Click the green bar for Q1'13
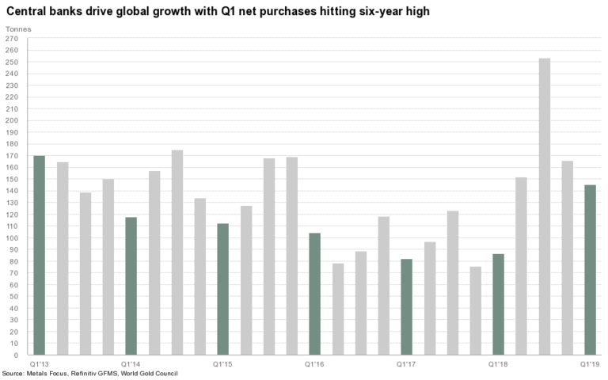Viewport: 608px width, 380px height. [x=39, y=255]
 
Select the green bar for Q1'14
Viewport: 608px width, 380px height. [x=131, y=286]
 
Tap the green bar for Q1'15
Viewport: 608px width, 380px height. [x=222, y=289]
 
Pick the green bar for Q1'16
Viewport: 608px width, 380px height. [x=314, y=294]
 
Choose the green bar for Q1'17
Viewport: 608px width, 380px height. [x=406, y=306]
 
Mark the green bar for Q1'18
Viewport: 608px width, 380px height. [x=498, y=304]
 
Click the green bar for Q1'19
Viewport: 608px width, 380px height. [x=590, y=270]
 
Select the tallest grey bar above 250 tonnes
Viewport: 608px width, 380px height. [x=544, y=206]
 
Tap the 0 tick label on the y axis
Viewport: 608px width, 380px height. [x=16, y=355]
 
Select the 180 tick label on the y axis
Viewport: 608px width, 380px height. [x=12, y=144]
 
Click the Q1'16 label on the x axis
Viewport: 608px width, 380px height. [x=314, y=363]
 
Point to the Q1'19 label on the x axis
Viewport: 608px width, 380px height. [x=590, y=363]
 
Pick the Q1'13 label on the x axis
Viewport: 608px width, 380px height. [x=39, y=363]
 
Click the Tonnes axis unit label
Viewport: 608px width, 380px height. [x=18, y=29]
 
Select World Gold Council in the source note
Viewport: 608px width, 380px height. [x=150, y=373]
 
